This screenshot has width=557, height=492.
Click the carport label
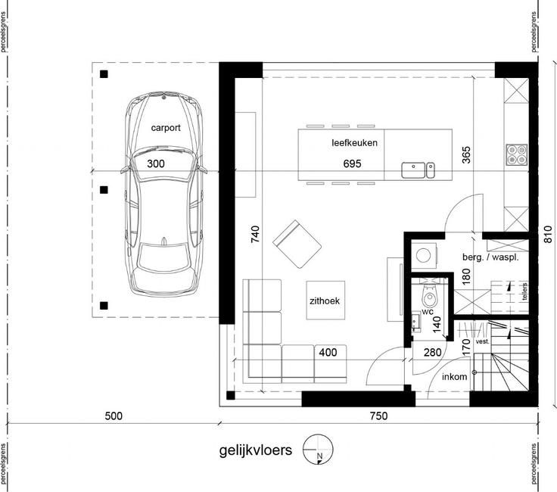(166, 128)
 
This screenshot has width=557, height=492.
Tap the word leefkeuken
(354, 143)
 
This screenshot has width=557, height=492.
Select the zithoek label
(325, 301)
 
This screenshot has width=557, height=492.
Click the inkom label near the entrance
(454, 376)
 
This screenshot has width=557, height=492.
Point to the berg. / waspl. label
(490, 257)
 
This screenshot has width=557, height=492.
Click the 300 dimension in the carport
(156, 163)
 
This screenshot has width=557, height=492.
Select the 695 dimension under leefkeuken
(352, 163)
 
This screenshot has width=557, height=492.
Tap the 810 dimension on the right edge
(548, 235)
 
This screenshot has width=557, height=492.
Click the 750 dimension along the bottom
(378, 416)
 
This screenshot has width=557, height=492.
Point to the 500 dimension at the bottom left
(114, 416)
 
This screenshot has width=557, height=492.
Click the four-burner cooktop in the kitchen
(516, 155)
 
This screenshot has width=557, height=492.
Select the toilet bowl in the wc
(429, 295)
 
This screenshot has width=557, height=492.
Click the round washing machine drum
(424, 255)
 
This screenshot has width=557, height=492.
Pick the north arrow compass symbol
(318, 450)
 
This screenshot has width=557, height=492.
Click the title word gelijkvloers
(255, 450)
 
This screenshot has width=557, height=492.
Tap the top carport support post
(104, 74)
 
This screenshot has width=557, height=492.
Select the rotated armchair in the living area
(297, 244)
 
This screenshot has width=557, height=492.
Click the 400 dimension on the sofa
(328, 353)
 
